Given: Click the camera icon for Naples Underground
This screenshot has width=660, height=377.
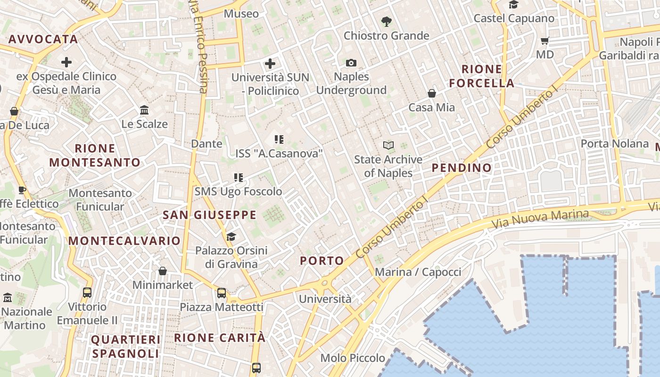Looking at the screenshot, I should click(351, 63).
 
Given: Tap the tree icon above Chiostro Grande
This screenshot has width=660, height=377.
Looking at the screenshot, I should click(386, 22).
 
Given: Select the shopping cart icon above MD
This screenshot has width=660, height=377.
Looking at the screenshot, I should click(545, 41).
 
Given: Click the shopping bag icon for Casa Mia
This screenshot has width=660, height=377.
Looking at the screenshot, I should click(431, 93).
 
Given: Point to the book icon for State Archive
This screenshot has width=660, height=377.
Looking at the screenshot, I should click(388, 145).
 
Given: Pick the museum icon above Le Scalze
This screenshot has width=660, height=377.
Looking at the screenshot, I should click(144, 110).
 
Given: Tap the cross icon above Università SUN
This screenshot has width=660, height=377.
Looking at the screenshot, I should click(270, 63).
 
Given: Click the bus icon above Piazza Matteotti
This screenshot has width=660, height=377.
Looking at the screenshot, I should click(222, 293).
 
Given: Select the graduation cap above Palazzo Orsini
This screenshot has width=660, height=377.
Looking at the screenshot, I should click(231, 236).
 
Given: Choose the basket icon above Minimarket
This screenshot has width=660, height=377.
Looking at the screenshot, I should click(163, 271).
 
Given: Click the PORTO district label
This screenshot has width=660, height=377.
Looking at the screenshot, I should click(322, 261).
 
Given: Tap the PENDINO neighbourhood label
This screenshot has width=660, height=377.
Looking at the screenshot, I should click(462, 168).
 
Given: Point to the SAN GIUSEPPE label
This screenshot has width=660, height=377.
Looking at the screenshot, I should click(210, 215).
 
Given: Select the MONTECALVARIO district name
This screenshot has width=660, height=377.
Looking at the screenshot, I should click(124, 241).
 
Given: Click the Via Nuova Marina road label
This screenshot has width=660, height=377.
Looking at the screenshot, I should click(540, 220).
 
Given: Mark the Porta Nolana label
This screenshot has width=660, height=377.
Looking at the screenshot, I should click(615, 143).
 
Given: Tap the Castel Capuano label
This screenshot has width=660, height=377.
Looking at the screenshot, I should click(514, 18).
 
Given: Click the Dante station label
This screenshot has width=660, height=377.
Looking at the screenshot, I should click(206, 143).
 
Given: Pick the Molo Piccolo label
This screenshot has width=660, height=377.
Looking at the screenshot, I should click(353, 358).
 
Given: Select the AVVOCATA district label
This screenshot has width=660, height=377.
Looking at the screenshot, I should click(43, 39).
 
